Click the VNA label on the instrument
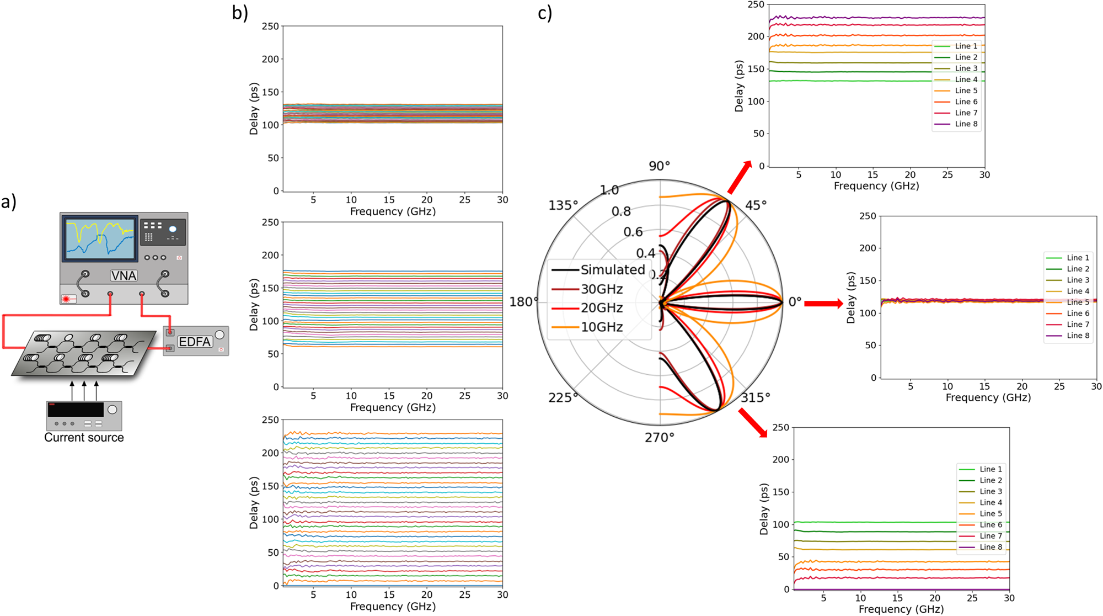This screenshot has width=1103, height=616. (x=124, y=275)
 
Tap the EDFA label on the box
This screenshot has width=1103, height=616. (x=195, y=342)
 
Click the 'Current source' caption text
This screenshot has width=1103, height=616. (x=84, y=438)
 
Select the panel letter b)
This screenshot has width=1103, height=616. (x=240, y=12)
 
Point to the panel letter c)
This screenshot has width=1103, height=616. (x=545, y=12)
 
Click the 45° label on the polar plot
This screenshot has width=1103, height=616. (x=756, y=205)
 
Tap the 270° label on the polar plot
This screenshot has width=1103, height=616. (x=660, y=438)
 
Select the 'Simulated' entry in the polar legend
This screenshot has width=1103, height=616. (x=612, y=270)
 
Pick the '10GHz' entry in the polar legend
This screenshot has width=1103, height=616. (x=602, y=327)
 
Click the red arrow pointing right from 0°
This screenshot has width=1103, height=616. (x=823, y=303)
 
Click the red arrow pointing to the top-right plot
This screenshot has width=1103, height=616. (x=740, y=177)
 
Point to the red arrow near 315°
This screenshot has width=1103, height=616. (x=753, y=423)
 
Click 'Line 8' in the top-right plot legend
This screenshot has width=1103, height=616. (x=966, y=124)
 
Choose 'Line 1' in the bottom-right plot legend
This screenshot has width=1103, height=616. (x=990, y=469)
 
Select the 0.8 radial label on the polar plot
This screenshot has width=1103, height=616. (x=621, y=211)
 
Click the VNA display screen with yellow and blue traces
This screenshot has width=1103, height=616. (x=100, y=238)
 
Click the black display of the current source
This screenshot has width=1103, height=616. (x=76, y=410)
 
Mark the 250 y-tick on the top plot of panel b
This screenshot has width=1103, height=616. (x=270, y=26)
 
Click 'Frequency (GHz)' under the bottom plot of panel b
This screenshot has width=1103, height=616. (x=393, y=607)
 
